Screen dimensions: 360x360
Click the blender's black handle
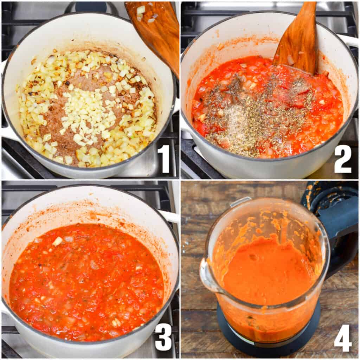(337, 239)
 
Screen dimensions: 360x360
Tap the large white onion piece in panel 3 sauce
(57, 241)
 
